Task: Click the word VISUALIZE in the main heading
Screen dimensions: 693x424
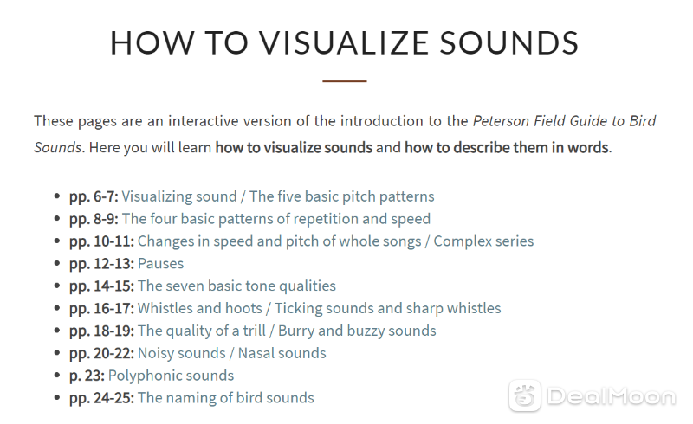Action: click(x=344, y=43)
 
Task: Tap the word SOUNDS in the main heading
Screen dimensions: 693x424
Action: click(x=509, y=43)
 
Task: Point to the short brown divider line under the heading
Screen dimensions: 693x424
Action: click(x=345, y=81)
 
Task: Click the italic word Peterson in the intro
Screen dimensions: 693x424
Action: click(x=502, y=120)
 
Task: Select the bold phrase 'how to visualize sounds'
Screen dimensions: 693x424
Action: click(x=294, y=147)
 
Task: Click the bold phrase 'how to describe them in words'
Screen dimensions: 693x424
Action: click(x=507, y=147)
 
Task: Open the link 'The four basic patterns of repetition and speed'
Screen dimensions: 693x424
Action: click(x=276, y=219)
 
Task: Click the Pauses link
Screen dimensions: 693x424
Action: click(x=160, y=264)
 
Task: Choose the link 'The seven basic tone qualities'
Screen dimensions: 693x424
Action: click(x=236, y=286)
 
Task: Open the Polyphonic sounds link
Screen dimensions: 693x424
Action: click(x=171, y=376)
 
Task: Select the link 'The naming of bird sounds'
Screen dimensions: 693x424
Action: click(x=226, y=398)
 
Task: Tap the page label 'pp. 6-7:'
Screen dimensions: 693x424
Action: click(x=94, y=197)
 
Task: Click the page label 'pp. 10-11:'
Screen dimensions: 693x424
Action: click(x=101, y=241)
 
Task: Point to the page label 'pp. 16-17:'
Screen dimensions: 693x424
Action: click(x=101, y=309)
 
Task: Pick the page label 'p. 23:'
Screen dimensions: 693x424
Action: click(x=87, y=376)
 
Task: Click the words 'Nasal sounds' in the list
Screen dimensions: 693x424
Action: click(x=282, y=353)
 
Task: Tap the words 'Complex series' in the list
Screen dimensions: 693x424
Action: click(x=483, y=241)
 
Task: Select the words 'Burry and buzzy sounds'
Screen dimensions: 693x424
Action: click(x=357, y=331)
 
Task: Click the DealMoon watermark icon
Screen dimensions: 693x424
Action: click(x=525, y=395)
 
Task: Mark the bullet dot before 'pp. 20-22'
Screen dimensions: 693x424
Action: click(x=56, y=353)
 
